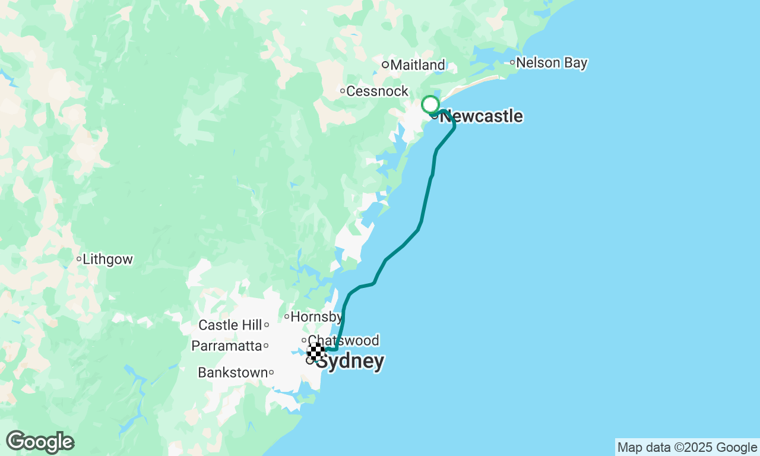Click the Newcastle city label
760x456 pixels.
(482, 116)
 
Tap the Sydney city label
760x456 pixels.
(350, 362)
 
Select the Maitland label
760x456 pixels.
(418, 65)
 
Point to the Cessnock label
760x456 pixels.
(378, 91)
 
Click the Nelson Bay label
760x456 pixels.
(552, 63)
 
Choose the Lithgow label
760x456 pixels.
(107, 259)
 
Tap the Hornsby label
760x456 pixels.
(316, 317)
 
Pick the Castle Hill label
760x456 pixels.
(230, 325)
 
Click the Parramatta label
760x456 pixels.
(226, 346)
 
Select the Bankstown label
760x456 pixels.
(233, 373)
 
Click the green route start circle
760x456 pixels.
(430, 104)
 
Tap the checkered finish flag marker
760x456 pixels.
(315, 351)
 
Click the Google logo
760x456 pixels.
(40, 442)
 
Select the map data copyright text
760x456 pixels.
(687, 448)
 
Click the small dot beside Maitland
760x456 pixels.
(385, 65)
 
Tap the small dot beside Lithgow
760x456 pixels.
(78, 259)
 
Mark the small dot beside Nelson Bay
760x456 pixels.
(512, 63)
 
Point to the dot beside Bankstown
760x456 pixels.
(271, 373)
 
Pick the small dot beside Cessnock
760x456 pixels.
(343, 91)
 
